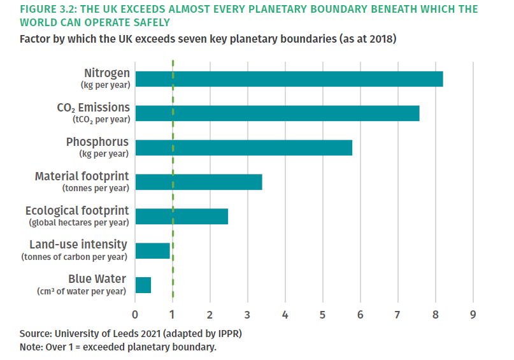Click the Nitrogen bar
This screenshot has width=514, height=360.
pos(289,79)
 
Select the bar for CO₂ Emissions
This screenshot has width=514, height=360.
pos(277,113)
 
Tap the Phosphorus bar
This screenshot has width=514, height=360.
pos(244,148)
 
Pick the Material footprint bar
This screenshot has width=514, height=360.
pos(199,182)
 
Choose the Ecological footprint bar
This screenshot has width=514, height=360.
pos(182,217)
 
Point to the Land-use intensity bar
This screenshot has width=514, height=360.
pos(153,251)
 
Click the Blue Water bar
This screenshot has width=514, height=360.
pos(143,285)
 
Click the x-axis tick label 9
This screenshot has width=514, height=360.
pos(473,315)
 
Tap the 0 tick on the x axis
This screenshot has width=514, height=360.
pos(135,315)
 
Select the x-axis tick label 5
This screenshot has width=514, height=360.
pos(323,315)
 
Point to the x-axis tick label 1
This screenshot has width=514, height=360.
pos(173,315)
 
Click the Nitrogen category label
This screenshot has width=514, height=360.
pos(106,73)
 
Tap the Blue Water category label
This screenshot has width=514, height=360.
pos(97,279)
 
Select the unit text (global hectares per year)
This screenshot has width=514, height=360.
pos(79,222)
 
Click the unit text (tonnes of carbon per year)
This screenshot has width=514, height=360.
pos(74,257)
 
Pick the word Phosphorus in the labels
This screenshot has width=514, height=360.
pos(97,141)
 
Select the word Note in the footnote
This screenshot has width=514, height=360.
pos(31,347)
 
